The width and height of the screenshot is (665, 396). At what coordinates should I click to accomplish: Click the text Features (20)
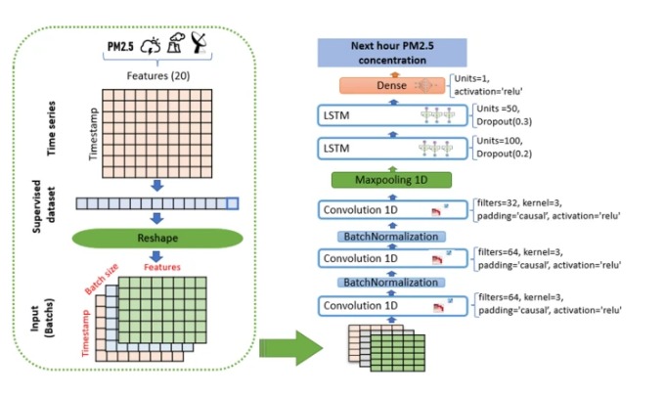[x=158, y=73]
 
